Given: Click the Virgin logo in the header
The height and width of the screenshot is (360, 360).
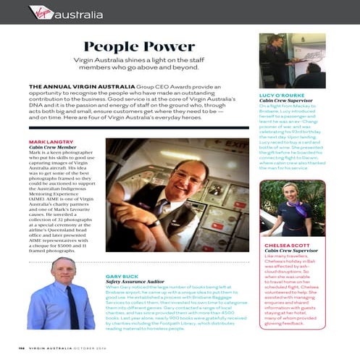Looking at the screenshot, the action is (41, 12).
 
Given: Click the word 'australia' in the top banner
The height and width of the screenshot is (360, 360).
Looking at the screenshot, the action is (78, 14).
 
